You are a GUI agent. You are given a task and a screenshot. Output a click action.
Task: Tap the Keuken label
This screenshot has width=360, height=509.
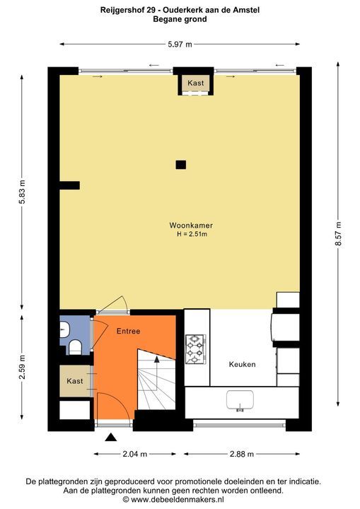tap(242, 364)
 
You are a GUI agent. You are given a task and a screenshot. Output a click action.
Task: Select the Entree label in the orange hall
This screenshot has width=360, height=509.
tap(128, 331)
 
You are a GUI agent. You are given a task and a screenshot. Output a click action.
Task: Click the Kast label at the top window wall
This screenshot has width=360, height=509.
tap(196, 83)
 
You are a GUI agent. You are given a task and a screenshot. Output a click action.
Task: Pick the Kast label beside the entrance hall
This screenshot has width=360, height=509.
tap(75, 381)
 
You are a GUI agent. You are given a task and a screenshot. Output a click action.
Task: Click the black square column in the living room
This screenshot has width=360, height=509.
tap(181, 165)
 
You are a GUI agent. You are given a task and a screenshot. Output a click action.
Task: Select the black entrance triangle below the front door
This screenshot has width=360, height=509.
tap(111, 438)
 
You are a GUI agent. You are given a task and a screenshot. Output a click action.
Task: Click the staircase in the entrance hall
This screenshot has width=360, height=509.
tap(154, 382)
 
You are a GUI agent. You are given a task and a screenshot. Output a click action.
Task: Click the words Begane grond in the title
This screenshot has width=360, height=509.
tap(180, 20)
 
